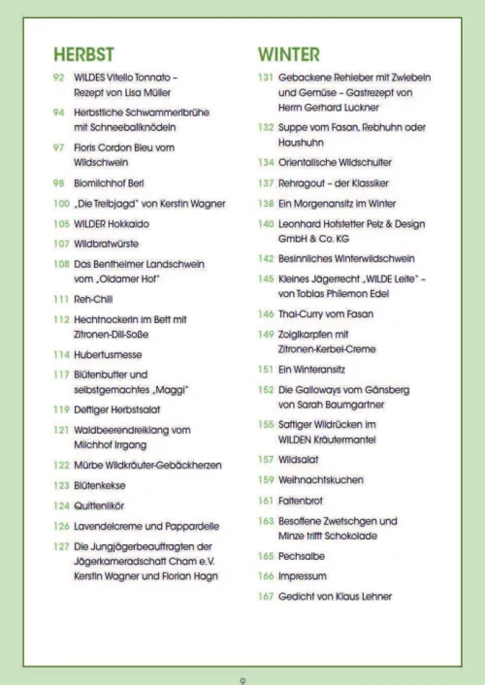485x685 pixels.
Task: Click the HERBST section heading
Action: click(x=83, y=53)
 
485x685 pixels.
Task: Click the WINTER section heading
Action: click(x=288, y=53)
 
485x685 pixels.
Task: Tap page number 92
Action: click(x=59, y=77)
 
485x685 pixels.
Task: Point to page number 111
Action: click(x=61, y=301)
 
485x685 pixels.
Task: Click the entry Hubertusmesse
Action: click(x=107, y=355)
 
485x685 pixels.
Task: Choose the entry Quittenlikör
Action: click(x=99, y=506)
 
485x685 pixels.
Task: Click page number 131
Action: click(x=265, y=77)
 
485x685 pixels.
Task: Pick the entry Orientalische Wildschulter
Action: click(x=334, y=163)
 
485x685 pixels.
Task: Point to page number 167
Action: click(x=265, y=596)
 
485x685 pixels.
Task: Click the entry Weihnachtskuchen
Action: click(x=320, y=480)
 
